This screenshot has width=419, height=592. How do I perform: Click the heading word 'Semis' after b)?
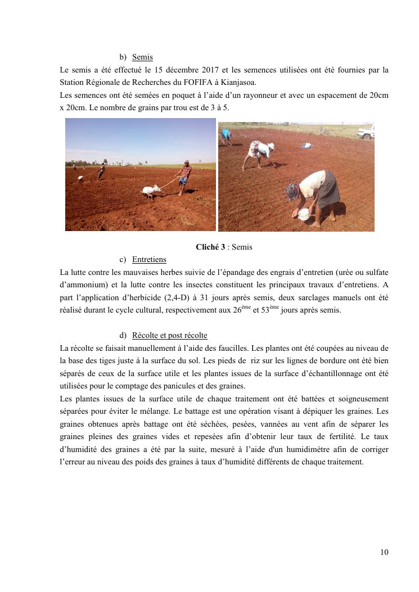(142, 57)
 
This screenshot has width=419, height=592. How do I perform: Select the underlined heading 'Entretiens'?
(149, 259)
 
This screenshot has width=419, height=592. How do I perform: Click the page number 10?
(384, 552)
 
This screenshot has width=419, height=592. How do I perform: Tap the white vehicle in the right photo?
(366, 133)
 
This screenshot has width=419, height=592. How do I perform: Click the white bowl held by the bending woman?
(304, 214)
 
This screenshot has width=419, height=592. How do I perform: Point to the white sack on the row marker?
(151, 191)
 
